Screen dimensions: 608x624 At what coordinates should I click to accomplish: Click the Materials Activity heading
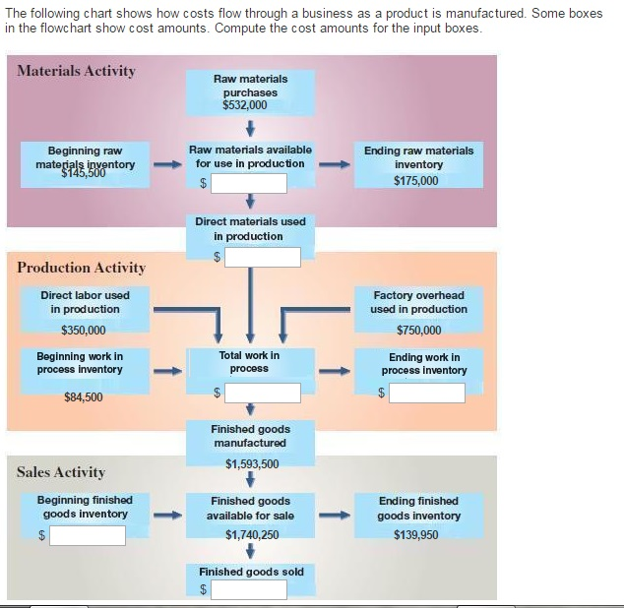point(77,71)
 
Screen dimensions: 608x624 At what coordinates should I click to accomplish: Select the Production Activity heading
point(81,268)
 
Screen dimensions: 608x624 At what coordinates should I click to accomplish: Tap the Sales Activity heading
point(60,472)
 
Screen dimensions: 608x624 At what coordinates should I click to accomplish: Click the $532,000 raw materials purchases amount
point(251,105)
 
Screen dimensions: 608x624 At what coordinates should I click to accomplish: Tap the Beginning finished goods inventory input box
point(88,535)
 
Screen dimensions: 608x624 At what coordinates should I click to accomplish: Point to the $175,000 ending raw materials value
point(416,181)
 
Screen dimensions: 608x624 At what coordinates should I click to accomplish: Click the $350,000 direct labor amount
point(84,331)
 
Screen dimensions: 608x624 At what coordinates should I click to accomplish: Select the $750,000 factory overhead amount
point(418,331)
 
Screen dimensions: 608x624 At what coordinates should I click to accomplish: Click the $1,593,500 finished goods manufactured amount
point(251,464)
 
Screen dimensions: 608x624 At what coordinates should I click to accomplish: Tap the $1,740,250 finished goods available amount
point(251,535)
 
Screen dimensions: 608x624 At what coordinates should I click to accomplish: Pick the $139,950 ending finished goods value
point(416,535)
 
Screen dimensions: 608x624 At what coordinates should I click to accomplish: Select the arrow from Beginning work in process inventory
point(167,372)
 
